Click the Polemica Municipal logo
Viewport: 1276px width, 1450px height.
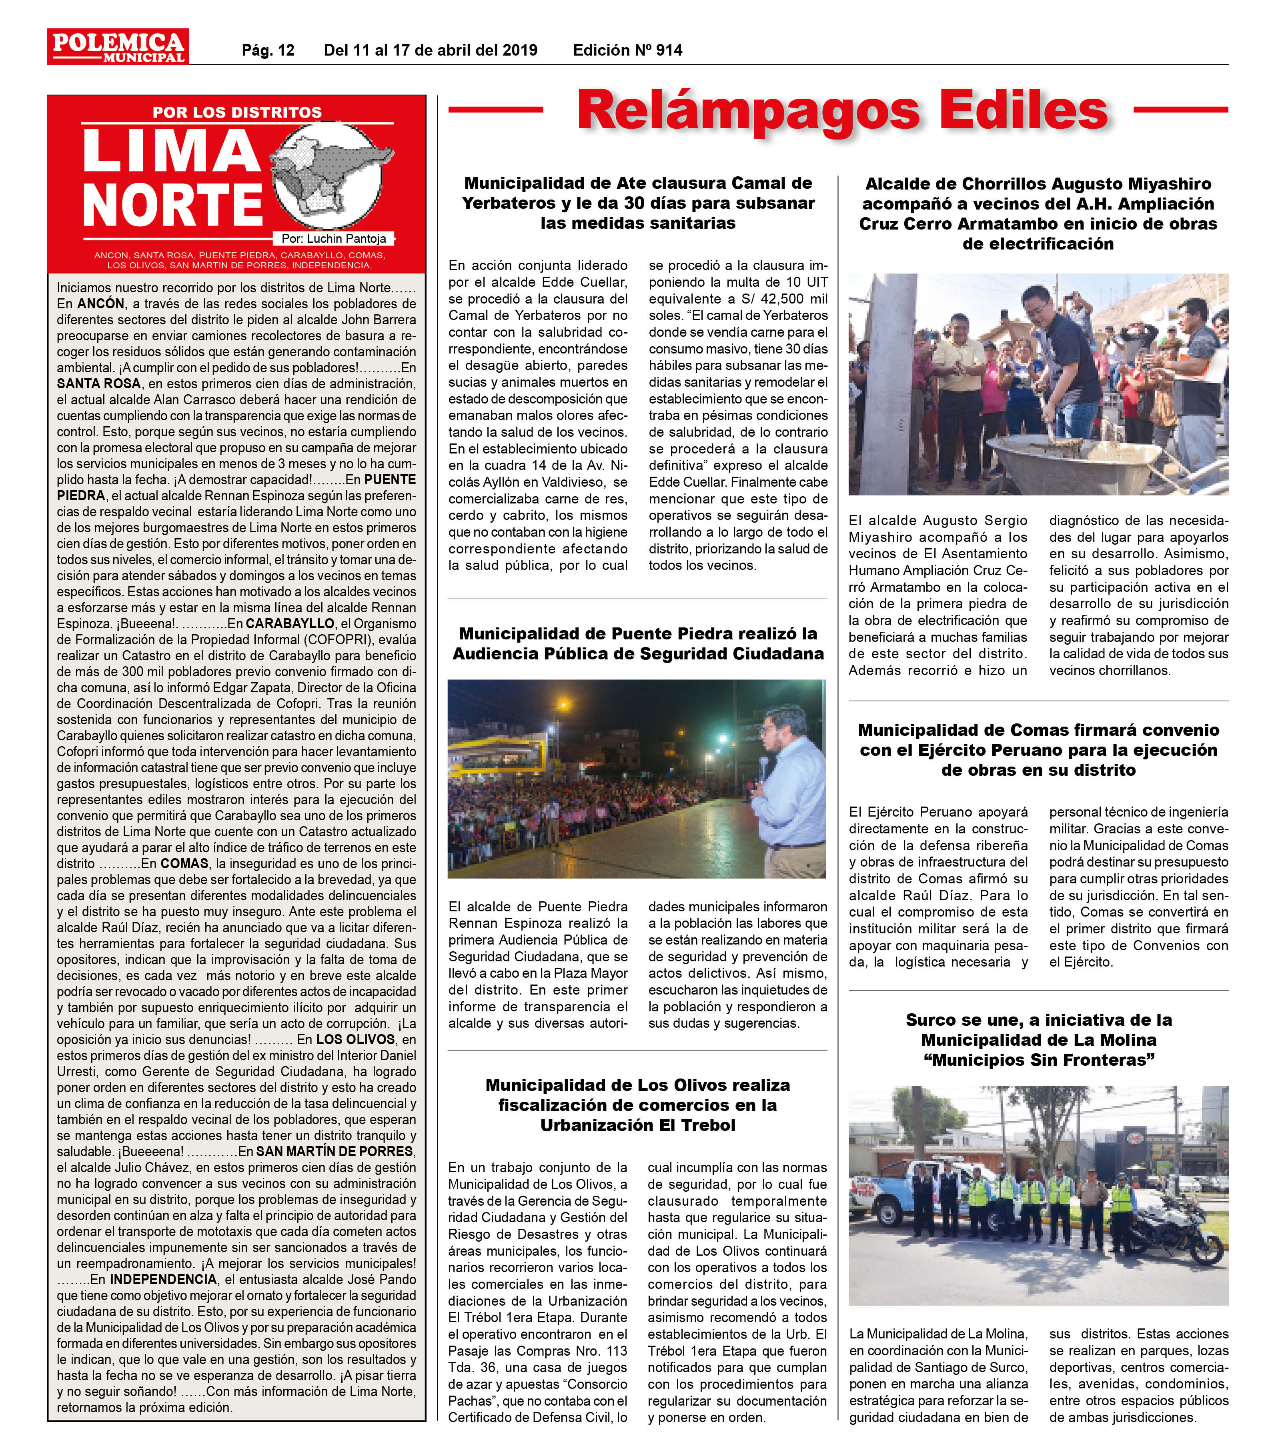coord(118,47)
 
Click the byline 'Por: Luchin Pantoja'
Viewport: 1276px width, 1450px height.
coord(334,238)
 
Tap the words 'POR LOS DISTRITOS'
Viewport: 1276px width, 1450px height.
coord(237,112)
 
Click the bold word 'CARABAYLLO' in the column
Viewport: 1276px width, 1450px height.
coord(290,623)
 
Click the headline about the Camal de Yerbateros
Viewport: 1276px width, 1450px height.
coord(638,203)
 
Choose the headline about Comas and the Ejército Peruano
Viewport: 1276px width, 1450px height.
coord(1038,750)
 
